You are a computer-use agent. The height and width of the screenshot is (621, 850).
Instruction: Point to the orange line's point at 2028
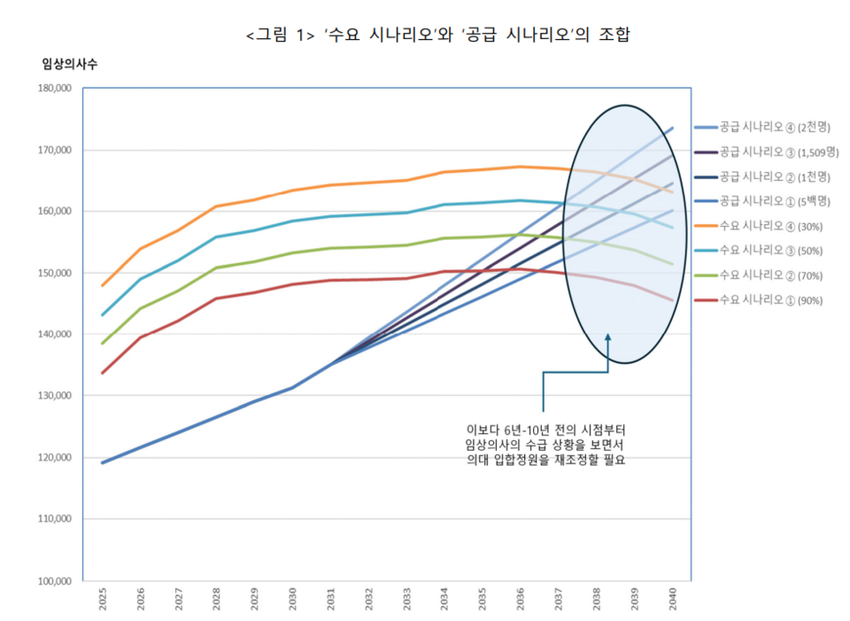[x=217, y=206]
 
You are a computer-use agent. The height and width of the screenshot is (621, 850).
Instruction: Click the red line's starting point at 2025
[x=103, y=373]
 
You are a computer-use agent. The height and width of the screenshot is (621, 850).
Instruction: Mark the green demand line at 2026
[x=141, y=308]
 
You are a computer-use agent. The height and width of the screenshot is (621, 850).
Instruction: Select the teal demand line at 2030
[x=293, y=221]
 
